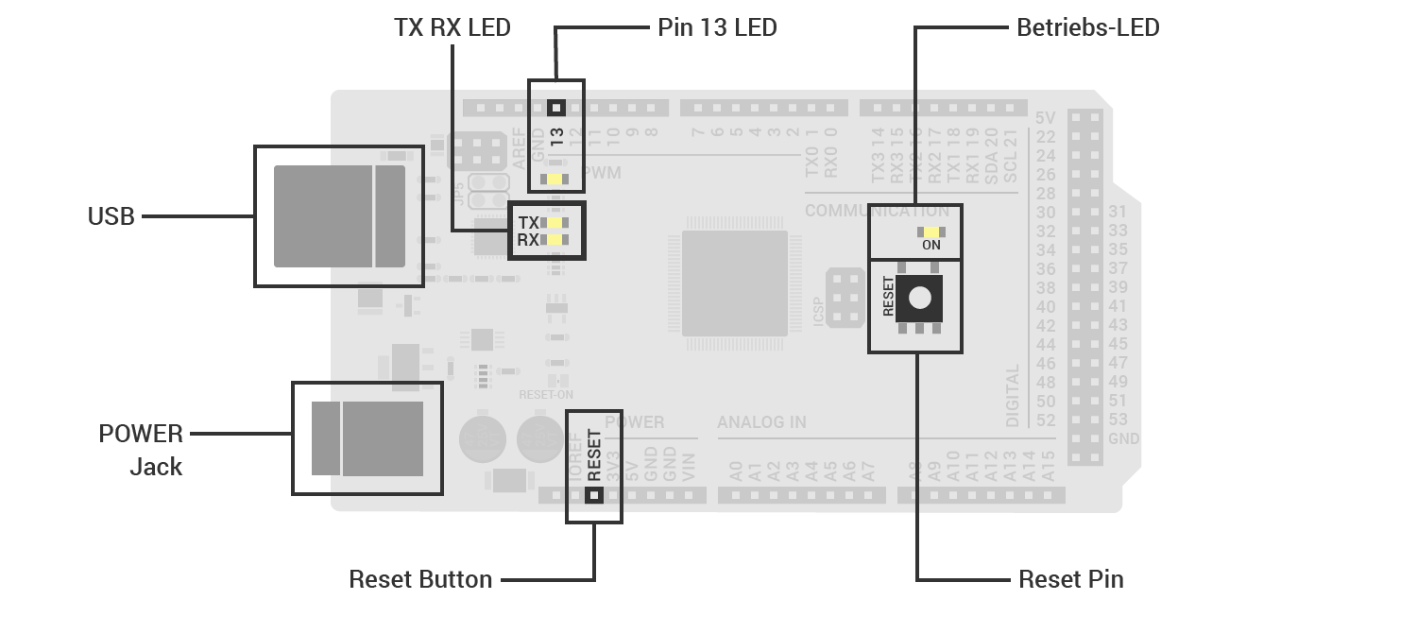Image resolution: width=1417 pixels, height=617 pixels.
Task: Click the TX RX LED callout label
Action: [452, 28]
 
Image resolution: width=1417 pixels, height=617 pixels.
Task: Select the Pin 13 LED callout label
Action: [717, 28]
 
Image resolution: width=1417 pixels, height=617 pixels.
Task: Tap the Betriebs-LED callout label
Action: [1087, 28]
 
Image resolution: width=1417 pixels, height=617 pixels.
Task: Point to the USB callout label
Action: [111, 217]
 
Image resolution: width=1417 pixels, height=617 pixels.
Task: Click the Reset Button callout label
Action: [420, 579]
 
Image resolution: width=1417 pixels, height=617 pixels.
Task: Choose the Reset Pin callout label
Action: [1071, 579]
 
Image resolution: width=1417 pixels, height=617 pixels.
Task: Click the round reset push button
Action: [919, 299]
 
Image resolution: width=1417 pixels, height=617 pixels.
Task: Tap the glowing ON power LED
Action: [930, 231]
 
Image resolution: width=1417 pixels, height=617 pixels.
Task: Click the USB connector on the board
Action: [338, 215]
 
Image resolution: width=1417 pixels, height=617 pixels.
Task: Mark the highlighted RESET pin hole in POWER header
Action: [593, 494]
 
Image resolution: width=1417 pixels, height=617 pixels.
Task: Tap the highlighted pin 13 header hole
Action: [555, 108]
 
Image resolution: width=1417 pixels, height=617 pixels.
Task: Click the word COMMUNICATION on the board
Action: [877, 212]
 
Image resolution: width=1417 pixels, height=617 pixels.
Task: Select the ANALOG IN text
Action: [761, 422]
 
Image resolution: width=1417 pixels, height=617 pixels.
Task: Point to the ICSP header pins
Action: [845, 298]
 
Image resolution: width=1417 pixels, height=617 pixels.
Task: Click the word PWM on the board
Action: [601, 173]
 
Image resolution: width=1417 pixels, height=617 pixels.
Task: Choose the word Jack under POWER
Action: [156, 467]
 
